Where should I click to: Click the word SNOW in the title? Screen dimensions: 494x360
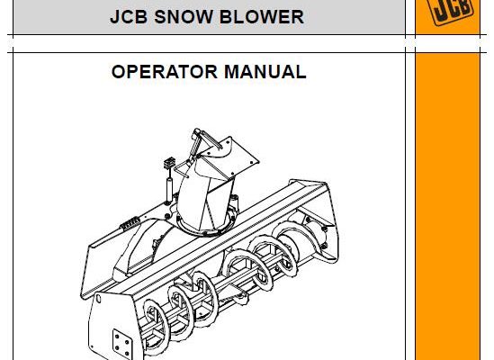(x=183, y=17)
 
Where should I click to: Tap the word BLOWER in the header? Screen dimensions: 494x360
(x=262, y=17)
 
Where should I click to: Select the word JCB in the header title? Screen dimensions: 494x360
(x=129, y=17)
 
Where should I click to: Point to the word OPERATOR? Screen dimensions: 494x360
(x=164, y=72)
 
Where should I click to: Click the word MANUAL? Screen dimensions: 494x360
(x=265, y=72)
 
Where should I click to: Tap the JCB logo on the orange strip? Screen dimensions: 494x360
(x=452, y=10)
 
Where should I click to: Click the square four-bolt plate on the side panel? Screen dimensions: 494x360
(x=122, y=344)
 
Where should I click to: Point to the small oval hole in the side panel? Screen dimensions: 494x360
(x=98, y=298)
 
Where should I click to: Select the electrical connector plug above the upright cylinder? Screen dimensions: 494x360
(x=169, y=163)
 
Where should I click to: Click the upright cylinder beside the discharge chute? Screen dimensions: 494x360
(x=169, y=190)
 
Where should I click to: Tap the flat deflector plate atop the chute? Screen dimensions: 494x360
(x=230, y=156)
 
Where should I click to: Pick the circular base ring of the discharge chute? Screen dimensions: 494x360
(x=205, y=225)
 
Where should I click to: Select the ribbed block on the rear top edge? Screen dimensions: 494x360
(x=130, y=222)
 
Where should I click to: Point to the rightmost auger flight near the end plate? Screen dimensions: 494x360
(x=288, y=246)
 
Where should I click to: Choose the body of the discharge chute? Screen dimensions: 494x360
(x=206, y=193)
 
